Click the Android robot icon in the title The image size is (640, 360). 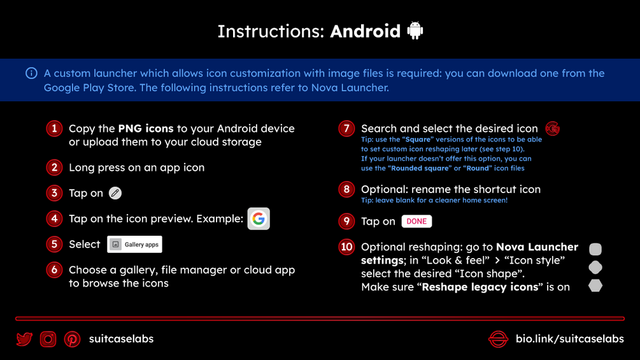click(x=415, y=30)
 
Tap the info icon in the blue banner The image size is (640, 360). click(x=31, y=73)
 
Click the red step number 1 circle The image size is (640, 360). click(x=54, y=129)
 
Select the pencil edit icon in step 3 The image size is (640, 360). click(x=115, y=193)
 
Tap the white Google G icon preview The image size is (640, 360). click(x=259, y=219)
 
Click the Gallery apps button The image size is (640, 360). click(x=135, y=245)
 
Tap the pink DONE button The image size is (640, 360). click(x=416, y=221)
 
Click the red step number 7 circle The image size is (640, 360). click(x=346, y=129)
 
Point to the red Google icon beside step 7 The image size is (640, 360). click(x=553, y=129)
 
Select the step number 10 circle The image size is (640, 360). click(x=346, y=247)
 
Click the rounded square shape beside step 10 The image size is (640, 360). click(x=595, y=249)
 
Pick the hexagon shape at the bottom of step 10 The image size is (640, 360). click(x=595, y=285)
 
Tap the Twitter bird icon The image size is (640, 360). click(x=24, y=339)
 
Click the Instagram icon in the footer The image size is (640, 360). click(x=48, y=339)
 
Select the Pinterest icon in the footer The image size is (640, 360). click(x=72, y=339)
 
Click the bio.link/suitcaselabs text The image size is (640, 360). click(x=570, y=339)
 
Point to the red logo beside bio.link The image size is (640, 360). click(x=499, y=339)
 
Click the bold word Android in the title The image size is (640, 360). click(x=366, y=31)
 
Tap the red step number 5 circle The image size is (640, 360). click(x=54, y=245)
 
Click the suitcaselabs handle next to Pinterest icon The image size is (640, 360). click(x=121, y=339)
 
